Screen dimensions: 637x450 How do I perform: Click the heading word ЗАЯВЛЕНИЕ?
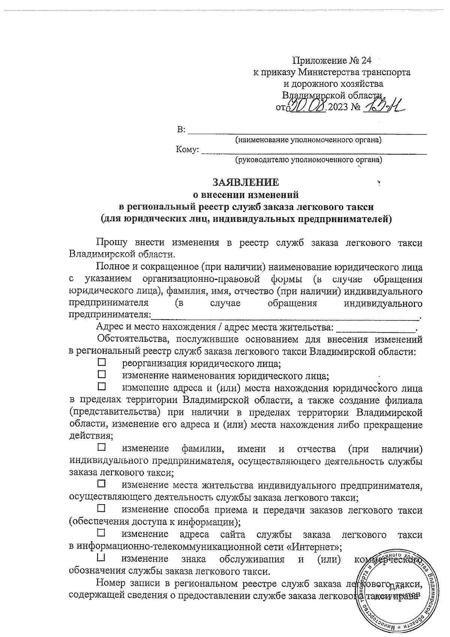tap(246, 183)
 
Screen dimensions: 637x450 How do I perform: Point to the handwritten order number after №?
tap(383, 107)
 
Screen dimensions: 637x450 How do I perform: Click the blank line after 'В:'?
tap(307, 132)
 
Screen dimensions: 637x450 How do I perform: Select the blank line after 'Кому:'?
tap(314, 152)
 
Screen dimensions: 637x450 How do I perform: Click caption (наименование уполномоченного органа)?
tap(308, 140)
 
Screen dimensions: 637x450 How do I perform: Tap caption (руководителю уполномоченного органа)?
tap(308, 161)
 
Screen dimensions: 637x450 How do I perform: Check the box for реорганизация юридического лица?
tap(102, 362)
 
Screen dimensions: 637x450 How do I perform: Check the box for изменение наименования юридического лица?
tap(102, 374)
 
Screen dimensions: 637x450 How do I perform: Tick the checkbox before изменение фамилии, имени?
tap(102, 447)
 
